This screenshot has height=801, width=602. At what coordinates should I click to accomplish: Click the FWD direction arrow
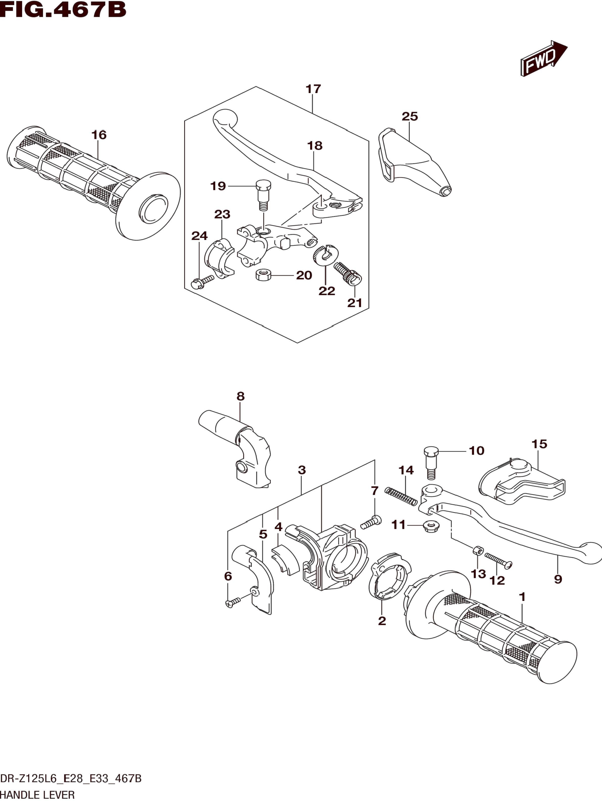pos(544,58)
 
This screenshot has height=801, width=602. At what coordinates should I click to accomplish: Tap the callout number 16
pos(99,135)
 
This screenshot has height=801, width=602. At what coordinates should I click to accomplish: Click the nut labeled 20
pos(263,275)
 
